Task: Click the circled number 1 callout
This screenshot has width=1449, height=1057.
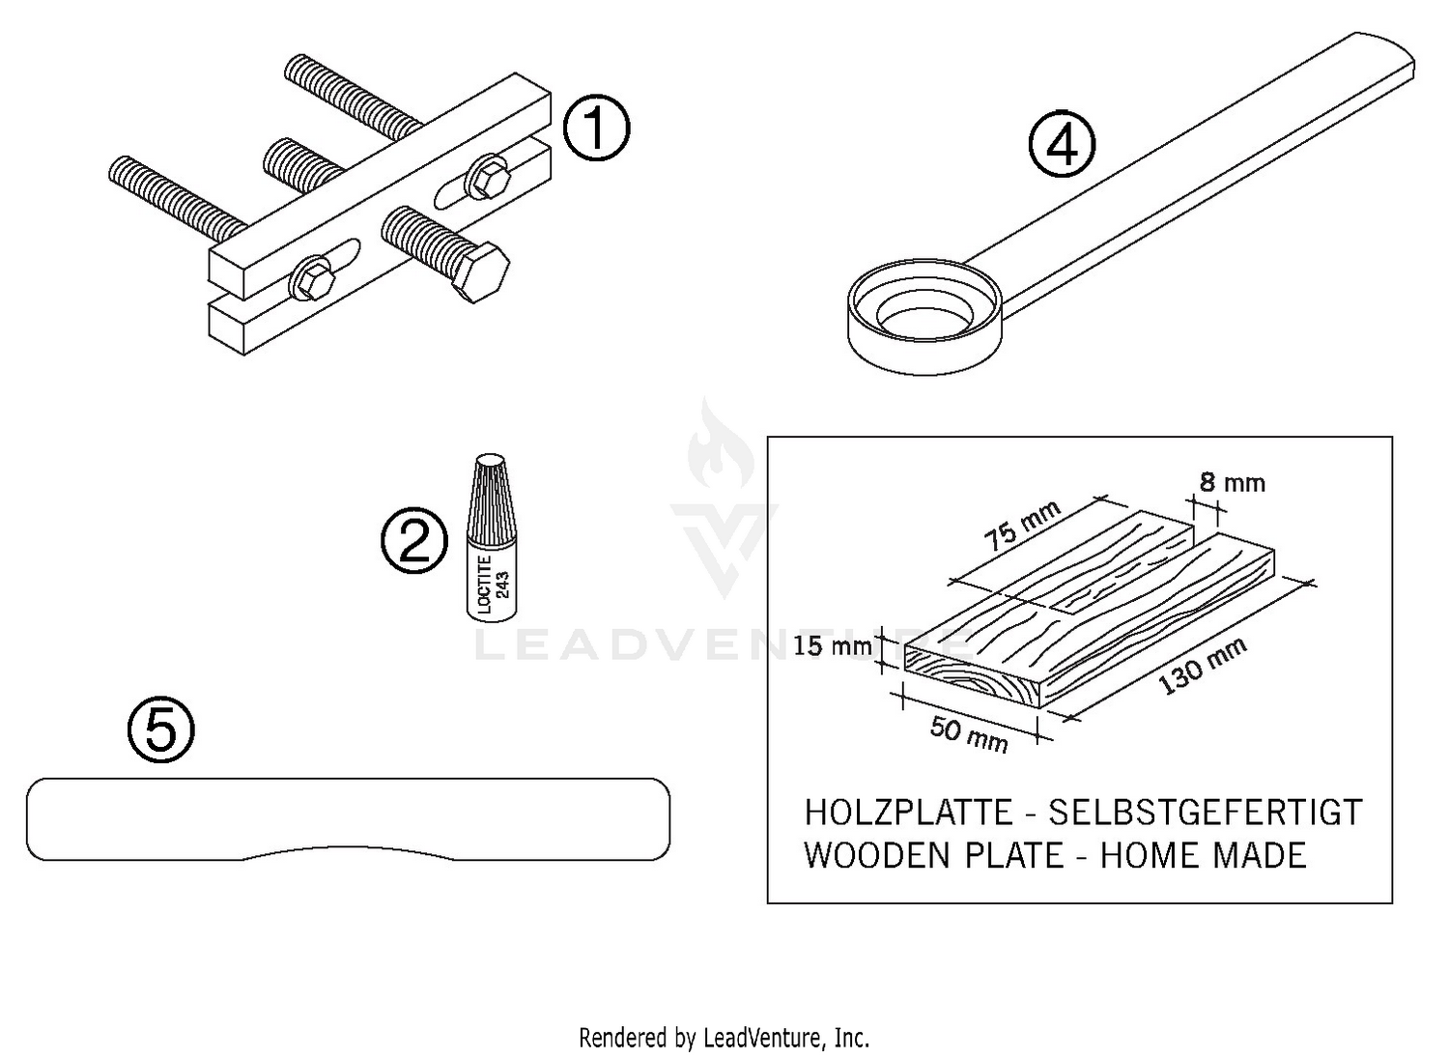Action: (596, 129)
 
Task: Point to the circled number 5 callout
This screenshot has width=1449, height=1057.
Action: (160, 729)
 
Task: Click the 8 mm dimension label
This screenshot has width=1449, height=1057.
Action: (1232, 482)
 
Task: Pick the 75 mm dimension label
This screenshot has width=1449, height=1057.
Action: (1022, 525)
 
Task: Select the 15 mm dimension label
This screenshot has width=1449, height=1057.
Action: (832, 645)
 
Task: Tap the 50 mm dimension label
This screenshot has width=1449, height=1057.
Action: (969, 733)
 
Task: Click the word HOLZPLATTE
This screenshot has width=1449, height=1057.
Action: (908, 813)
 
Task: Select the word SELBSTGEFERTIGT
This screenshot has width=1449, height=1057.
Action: (1205, 813)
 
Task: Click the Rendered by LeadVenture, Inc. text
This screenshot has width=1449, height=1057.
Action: (724, 1038)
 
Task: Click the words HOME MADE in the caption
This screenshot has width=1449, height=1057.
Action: (1203, 855)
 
